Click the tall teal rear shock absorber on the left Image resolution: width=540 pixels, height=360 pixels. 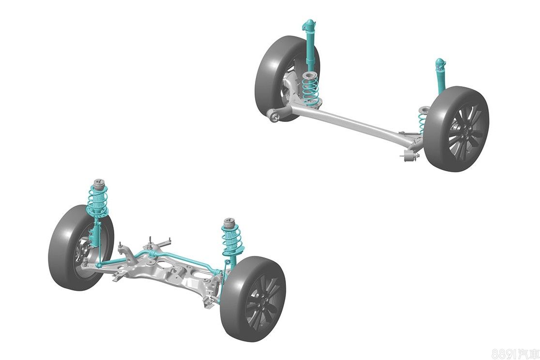click(x=310, y=45)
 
